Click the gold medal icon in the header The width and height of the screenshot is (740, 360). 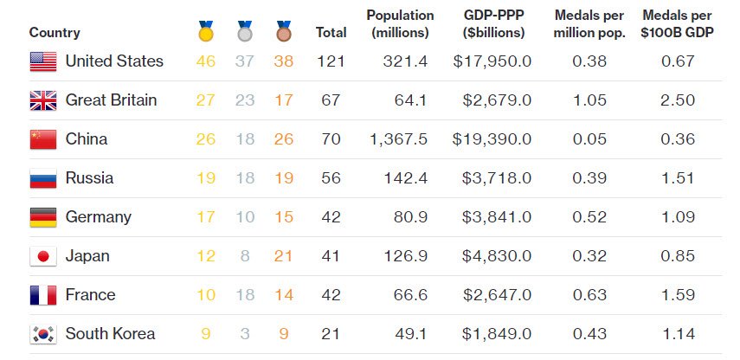pos(206,32)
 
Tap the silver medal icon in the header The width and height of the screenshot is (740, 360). pos(245,32)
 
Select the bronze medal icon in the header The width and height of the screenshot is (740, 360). pos(283,32)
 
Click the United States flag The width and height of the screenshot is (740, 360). pos(43,61)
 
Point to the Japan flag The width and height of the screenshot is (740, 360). pos(43,256)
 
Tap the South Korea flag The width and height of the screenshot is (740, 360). pos(43,334)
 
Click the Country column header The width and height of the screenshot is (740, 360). pos(55,33)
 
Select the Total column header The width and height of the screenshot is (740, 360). pos(331,33)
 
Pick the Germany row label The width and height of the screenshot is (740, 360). pos(99,217)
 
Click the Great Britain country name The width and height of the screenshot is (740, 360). pos(112,100)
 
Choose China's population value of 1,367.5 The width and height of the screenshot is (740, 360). pos(398,139)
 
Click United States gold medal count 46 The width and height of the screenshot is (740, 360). pos(206,61)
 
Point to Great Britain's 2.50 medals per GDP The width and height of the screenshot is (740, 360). pos(678,100)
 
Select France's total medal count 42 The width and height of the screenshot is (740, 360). pos(331,295)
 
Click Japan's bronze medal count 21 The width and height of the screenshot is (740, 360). pos(283,256)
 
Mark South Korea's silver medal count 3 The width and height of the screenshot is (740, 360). pos(245,334)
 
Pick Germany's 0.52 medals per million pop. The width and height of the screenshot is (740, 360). pos(589,217)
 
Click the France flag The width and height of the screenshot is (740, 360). pos(43,295)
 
